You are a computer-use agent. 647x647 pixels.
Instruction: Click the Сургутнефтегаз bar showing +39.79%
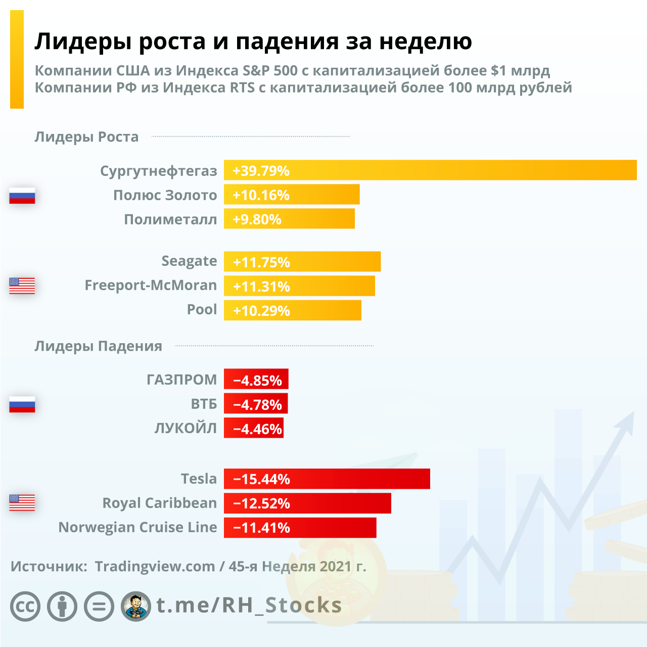[x=430, y=170]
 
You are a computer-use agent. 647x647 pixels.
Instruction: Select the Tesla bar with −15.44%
[x=327, y=479]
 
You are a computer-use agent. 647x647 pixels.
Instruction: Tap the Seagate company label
[x=189, y=261]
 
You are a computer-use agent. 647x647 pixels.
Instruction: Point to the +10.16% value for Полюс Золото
[x=261, y=195]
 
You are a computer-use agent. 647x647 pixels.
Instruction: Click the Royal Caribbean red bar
[x=307, y=503]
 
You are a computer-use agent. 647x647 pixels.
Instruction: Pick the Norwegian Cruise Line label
[x=137, y=527]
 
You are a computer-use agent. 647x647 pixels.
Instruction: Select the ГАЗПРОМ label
[x=181, y=380]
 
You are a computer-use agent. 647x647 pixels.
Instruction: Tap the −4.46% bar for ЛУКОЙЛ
[x=254, y=429]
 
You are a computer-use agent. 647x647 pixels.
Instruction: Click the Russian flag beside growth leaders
[x=22, y=196]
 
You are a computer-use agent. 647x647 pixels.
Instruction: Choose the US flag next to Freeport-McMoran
[x=22, y=286]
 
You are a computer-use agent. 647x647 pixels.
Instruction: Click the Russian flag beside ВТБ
[x=22, y=404]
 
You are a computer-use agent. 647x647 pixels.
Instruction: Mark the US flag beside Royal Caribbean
[x=22, y=502]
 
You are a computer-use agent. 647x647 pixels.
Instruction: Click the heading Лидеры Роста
[x=86, y=137]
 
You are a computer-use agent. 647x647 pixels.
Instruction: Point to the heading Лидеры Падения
[x=98, y=346]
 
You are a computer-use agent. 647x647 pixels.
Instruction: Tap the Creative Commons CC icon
[x=25, y=606]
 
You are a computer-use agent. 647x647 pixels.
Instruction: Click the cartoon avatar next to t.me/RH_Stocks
[x=136, y=606]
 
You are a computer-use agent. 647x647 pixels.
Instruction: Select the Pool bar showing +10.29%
[x=292, y=310]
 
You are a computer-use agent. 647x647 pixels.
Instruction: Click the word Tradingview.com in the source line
[x=155, y=566]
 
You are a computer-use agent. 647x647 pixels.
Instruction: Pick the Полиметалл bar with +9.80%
[x=289, y=219]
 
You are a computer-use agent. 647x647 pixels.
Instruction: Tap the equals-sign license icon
[x=99, y=606]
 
